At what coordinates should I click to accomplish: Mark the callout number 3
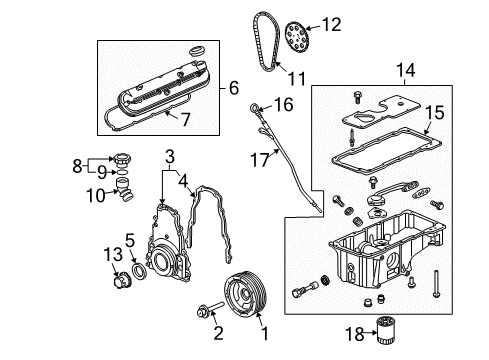(171, 155)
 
